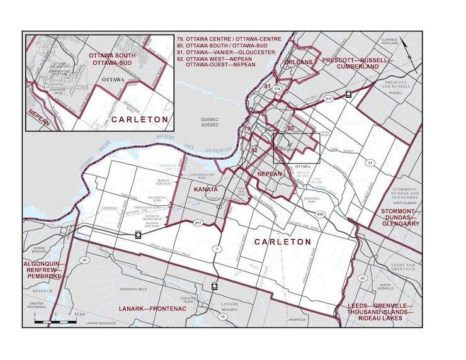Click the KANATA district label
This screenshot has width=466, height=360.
206,189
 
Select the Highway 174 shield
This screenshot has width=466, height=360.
276,90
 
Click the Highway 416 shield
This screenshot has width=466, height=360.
321,215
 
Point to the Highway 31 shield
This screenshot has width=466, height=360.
370,164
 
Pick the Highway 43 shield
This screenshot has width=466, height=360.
363,278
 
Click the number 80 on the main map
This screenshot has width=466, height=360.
291,128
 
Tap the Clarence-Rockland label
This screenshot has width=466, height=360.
390,41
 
